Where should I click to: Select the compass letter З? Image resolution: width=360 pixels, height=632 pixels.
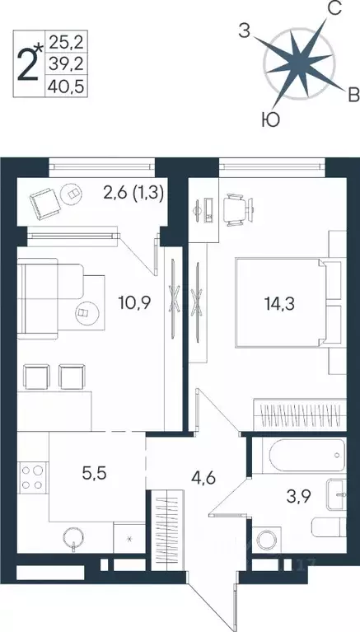point(244,31)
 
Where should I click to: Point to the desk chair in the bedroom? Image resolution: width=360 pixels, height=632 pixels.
point(236,205)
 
